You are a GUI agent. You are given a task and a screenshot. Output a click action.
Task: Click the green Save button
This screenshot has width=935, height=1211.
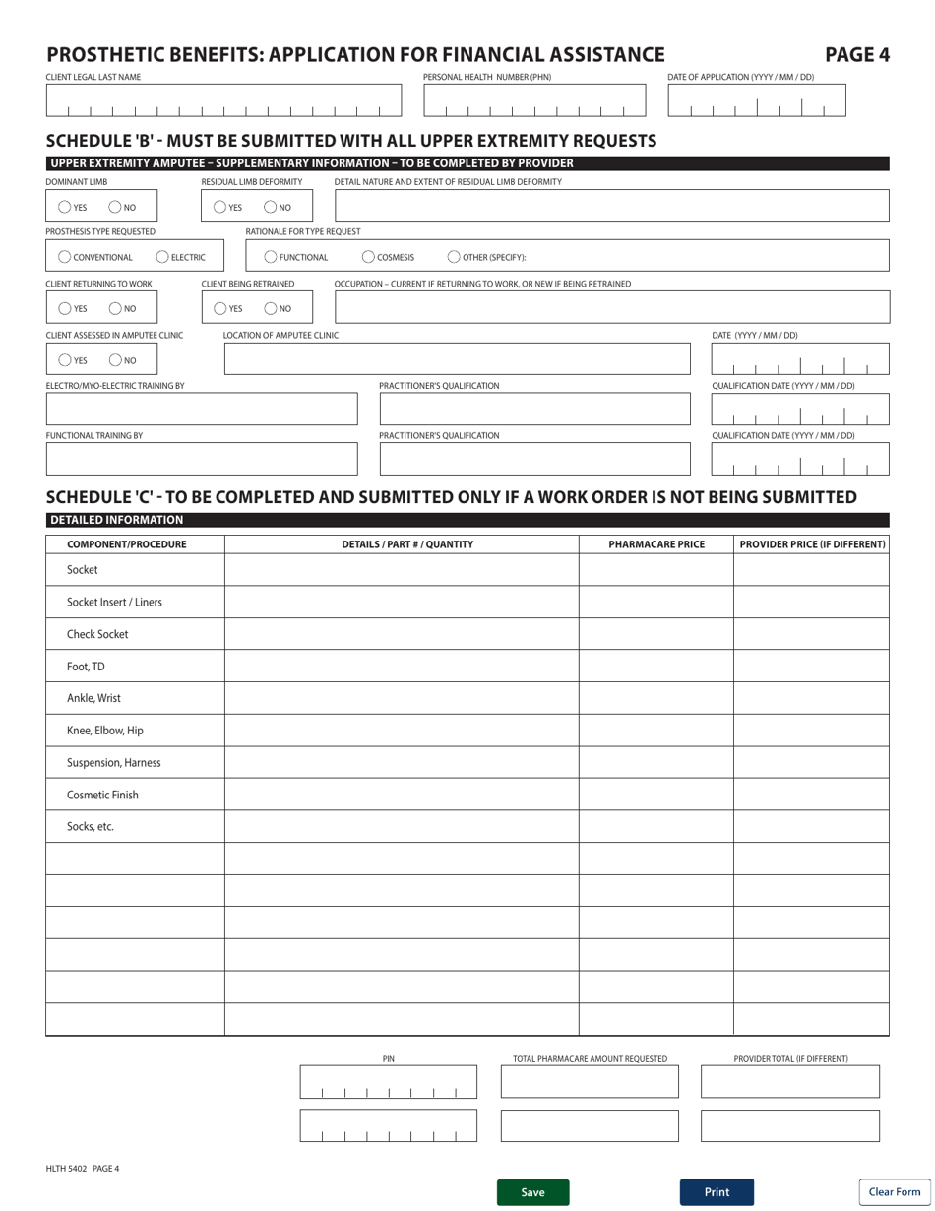click(532, 1192)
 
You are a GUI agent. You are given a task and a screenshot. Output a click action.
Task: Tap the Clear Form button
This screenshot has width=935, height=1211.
click(894, 1192)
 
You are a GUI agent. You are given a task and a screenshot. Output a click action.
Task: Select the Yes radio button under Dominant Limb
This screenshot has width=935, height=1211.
click(64, 207)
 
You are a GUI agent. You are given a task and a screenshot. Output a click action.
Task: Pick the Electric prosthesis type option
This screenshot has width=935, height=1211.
click(163, 258)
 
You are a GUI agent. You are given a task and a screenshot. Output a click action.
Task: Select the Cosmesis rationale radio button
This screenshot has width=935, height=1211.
click(368, 258)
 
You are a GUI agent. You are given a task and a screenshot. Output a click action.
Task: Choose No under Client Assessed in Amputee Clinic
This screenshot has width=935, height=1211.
click(115, 360)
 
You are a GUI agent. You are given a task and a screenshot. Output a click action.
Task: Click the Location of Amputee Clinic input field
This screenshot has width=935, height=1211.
click(458, 359)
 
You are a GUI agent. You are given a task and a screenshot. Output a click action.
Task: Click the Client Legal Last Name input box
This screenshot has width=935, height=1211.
click(224, 100)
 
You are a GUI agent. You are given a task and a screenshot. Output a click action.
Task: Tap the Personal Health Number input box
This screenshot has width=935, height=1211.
click(534, 100)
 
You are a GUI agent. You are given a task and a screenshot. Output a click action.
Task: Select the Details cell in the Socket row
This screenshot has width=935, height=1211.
click(402, 570)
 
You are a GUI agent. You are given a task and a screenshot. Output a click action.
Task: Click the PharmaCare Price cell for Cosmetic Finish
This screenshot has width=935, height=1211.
click(655, 795)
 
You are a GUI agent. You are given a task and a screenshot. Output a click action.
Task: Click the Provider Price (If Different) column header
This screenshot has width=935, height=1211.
click(812, 544)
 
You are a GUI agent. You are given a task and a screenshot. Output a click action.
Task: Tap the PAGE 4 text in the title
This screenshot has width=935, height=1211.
click(856, 55)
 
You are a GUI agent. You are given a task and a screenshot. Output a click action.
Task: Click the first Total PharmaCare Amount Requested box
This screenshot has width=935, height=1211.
click(590, 1081)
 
